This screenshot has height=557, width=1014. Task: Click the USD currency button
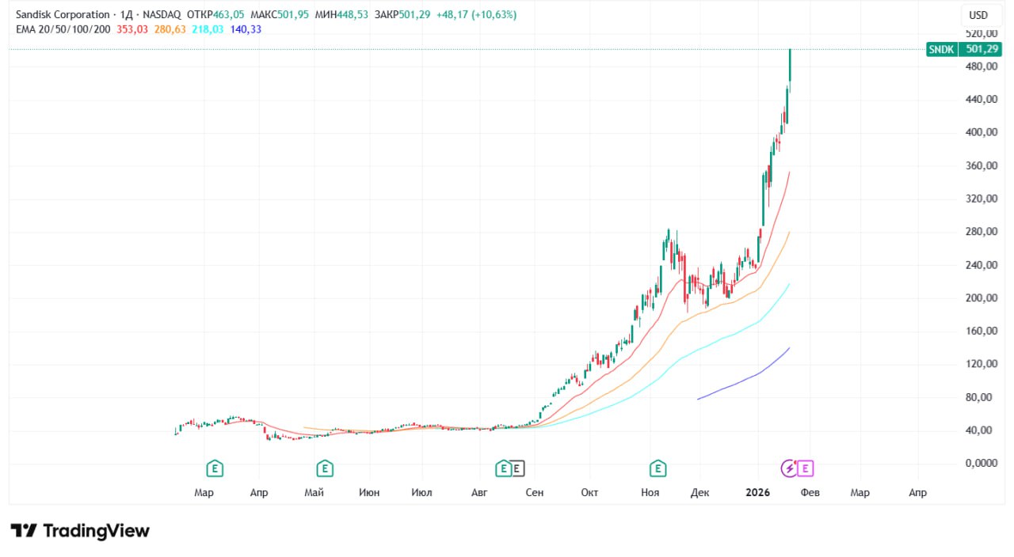pos(978,15)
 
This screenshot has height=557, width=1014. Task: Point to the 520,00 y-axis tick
pos(981,34)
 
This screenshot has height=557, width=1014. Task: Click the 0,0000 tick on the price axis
pos(981,464)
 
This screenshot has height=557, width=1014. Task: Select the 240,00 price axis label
pos(981,265)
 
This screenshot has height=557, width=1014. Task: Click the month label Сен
pos(535,493)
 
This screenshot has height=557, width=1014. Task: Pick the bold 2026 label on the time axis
pos(758,493)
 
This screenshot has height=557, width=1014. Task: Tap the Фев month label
pos(809,493)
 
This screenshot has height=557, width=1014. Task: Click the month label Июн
pos(368,493)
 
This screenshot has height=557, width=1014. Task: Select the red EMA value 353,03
pos(132,29)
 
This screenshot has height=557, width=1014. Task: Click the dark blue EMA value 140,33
pos(246,29)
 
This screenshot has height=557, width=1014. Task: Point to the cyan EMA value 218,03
pos(208,29)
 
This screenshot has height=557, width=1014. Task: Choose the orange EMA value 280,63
pos(170,29)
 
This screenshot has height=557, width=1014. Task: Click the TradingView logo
pos(80,531)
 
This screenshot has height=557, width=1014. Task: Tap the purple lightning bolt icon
pos(790,468)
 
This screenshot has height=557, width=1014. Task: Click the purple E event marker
pos(806,468)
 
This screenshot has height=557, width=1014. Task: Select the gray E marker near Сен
pos(517,468)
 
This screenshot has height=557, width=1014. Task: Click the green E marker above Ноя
pos(657,468)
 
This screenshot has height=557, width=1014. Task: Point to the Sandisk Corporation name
pos(63,15)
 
